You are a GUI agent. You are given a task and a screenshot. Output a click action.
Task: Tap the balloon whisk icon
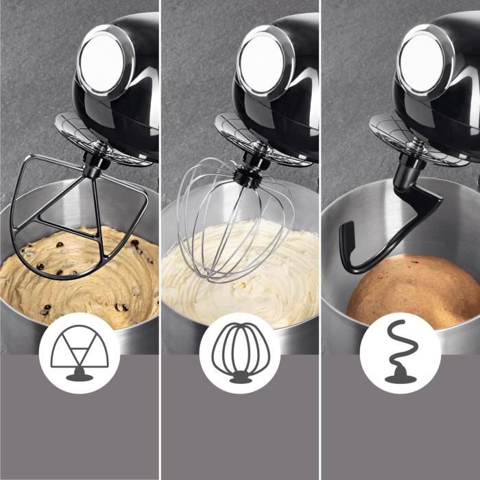pyautogui.click(x=239, y=352)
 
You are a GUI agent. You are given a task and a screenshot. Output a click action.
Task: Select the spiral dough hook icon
pyautogui.click(x=400, y=352)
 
